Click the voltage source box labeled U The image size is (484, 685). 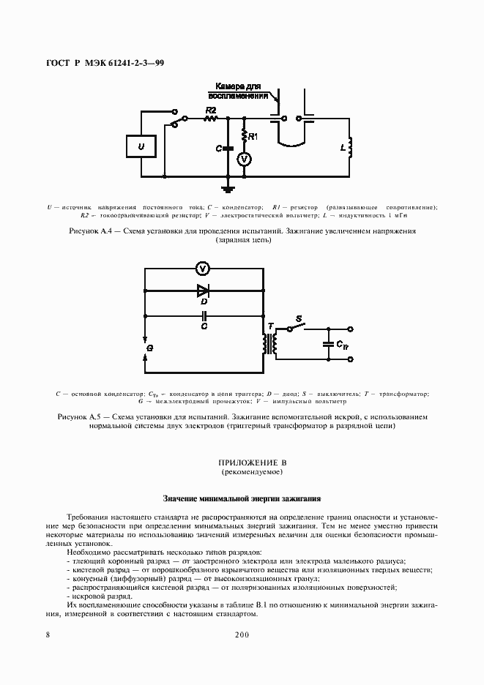(141, 147)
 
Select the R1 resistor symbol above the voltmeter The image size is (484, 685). (245, 137)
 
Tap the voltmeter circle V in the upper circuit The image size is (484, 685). (246, 157)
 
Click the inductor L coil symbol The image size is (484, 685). (350, 148)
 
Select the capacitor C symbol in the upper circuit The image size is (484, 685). (228, 149)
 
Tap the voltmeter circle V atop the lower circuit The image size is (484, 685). (204, 268)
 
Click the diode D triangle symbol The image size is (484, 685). (204, 290)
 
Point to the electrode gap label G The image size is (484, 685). (149, 349)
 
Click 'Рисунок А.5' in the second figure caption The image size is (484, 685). (78, 416)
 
